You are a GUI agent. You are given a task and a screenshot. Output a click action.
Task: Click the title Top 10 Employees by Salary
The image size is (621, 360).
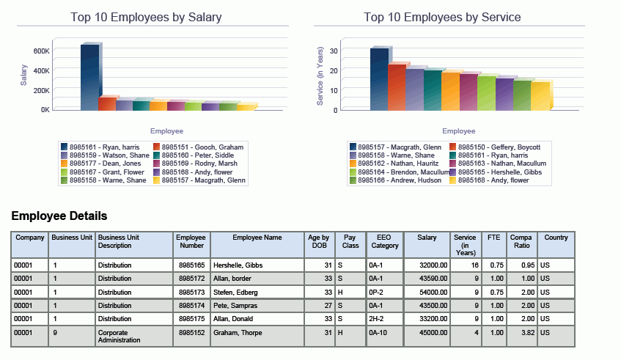click(146, 17)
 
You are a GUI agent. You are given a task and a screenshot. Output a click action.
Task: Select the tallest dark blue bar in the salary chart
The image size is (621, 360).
click(89, 77)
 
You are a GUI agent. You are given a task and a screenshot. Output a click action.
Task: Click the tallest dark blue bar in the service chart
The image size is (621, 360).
click(379, 79)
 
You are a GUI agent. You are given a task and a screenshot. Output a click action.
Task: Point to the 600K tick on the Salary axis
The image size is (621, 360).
click(42, 51)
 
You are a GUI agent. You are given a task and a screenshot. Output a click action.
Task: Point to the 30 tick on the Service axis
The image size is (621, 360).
click(334, 51)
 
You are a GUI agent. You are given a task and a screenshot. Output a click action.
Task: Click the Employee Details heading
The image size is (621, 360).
click(59, 216)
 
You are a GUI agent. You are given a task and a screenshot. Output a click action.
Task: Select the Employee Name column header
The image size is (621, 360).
click(257, 238)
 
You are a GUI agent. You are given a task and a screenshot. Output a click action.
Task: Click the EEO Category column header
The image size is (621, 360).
click(385, 242)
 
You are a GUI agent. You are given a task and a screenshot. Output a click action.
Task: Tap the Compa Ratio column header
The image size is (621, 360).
click(521, 242)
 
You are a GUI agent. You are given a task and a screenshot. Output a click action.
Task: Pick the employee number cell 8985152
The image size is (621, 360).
click(191, 332)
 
